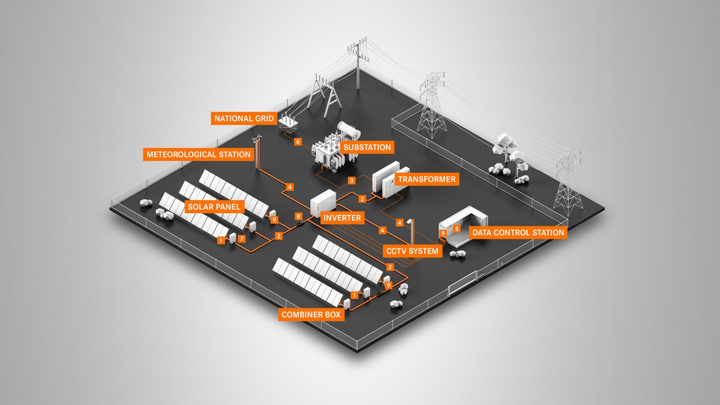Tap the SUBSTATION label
(x=367, y=147)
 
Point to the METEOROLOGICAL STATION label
(x=198, y=155)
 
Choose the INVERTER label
(x=342, y=218)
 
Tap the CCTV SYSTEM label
(x=413, y=251)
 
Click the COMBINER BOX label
(x=311, y=315)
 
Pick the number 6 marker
(x=298, y=142)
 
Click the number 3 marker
(x=351, y=181)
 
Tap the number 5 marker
(x=456, y=229)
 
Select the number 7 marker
(x=242, y=239)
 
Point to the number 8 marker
(x=298, y=216)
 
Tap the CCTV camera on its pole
(x=409, y=221)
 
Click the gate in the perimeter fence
(x=463, y=287)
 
